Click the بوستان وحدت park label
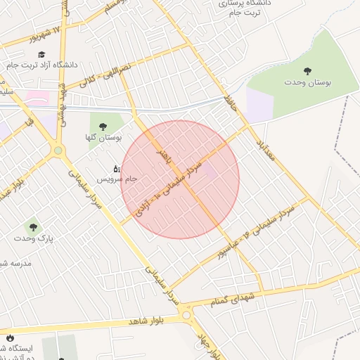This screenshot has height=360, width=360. pyautogui.click(x=307, y=82)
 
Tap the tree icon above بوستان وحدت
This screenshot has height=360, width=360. pyautogui.click(x=307, y=70)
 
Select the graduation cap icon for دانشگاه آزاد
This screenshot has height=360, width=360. pyautogui.click(x=41, y=54)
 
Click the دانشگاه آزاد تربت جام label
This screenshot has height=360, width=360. pyautogui.click(x=40, y=65)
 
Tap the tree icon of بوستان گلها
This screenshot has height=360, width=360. pyautogui.click(x=103, y=127)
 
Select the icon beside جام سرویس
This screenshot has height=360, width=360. pyautogui.click(x=117, y=169)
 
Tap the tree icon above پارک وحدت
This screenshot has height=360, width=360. pyautogui.click(x=32, y=226)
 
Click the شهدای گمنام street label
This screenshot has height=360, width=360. pyautogui.click(x=231, y=301)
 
